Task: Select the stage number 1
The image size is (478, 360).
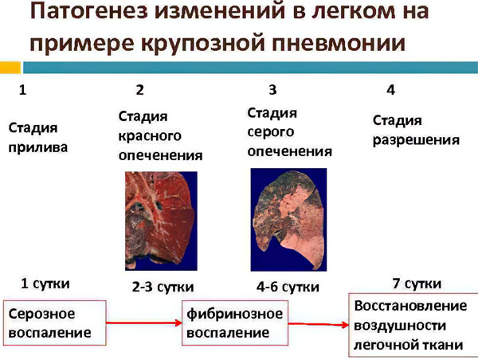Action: (23, 89)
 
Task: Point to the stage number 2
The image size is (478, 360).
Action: (140, 89)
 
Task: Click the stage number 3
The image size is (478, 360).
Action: (272, 89)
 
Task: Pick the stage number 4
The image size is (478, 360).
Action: (391, 89)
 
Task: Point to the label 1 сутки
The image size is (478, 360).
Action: (45, 284)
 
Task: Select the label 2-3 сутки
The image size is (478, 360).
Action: (162, 286)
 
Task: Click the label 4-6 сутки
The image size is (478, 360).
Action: (289, 286)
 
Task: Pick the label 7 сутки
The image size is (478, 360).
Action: (417, 284)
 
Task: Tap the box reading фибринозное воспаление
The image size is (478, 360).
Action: (234, 323)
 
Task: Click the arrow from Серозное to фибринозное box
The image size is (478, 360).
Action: (144, 323)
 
